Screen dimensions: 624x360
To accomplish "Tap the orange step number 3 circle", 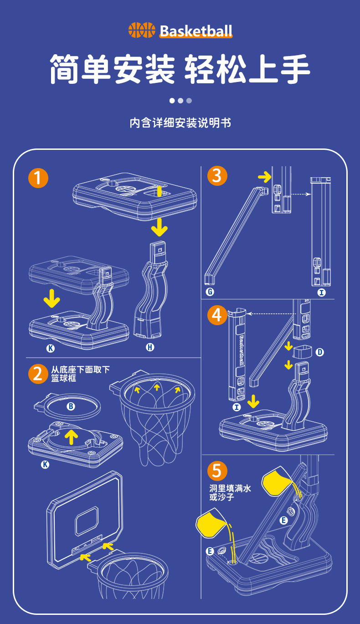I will coord(217,176).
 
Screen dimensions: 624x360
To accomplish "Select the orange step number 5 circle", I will coord(217,471).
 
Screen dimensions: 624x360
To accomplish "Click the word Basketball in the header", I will coord(196,31).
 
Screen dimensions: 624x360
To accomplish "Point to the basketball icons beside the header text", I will coord(142,31).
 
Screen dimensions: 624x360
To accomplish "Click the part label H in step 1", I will coord(150,348).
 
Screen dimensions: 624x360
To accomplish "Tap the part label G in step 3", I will coord(210,292).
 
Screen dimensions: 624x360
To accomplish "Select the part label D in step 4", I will coord(320,352).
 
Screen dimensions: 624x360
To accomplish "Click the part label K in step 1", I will coord(50,348).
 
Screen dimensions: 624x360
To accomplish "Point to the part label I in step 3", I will coord(322,292).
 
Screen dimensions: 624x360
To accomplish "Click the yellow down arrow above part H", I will coord(159,226).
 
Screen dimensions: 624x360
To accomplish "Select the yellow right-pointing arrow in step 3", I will coord(264,176).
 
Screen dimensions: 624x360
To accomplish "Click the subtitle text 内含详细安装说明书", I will coord(180,123).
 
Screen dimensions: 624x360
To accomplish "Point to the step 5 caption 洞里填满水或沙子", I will coord(230,492).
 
